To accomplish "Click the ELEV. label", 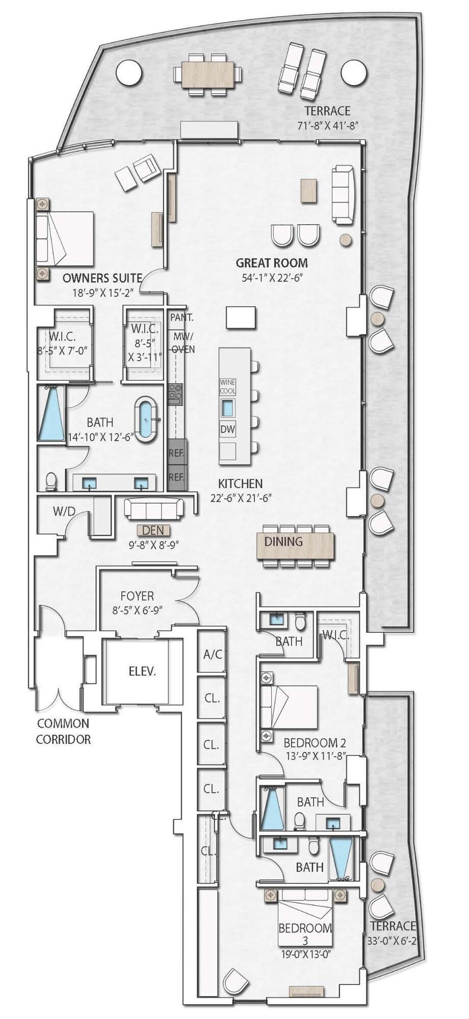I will [x=142, y=672].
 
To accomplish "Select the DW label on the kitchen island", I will [x=228, y=430].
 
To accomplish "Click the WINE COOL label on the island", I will [x=228, y=386].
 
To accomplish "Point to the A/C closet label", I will [x=212, y=654].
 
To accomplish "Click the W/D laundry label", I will [x=64, y=512].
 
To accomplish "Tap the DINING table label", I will [x=283, y=542].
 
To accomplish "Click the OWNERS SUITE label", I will [x=102, y=278].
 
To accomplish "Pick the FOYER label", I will [x=137, y=596].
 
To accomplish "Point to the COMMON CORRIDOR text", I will [x=63, y=731].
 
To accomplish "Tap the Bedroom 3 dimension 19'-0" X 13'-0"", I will [x=305, y=954].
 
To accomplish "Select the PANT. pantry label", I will [x=181, y=317].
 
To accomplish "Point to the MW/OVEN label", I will [x=183, y=342].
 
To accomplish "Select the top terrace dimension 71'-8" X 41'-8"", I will [x=328, y=126].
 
